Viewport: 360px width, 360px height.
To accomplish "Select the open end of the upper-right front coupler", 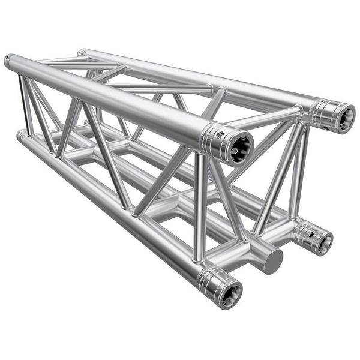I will pos(344,118).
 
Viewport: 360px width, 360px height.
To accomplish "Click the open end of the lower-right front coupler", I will pos(324,242).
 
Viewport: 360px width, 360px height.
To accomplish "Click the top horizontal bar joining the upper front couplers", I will pos(273,118).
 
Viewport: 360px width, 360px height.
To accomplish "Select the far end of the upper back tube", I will pos(82,53).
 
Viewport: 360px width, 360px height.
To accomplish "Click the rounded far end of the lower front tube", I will pos(22,136).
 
